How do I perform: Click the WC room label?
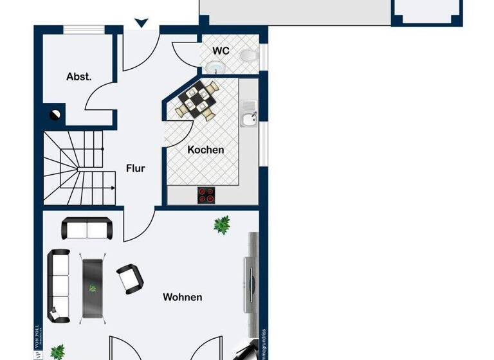coord(221,50)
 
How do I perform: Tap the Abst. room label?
coord(79,76)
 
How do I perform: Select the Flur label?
coord(136,168)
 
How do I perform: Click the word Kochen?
coord(206,150)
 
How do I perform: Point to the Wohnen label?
coord(183,297)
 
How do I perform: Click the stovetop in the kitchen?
coord(206,195)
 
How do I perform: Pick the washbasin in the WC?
coord(214,66)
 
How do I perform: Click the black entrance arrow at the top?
coord(142,24)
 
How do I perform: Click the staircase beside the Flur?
coord(74,167)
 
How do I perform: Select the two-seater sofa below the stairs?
coord(86,228)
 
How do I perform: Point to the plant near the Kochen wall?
coord(222,224)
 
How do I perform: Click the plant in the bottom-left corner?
coord(58,352)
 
